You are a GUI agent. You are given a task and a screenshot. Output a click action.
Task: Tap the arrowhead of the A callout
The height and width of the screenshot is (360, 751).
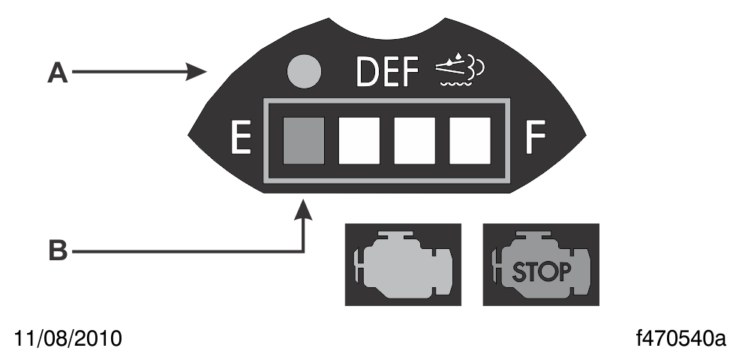click(202, 73)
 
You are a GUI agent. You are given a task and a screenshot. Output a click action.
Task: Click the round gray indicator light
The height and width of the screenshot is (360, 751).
click(306, 73)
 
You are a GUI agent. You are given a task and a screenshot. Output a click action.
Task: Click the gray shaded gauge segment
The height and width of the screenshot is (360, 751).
click(304, 140)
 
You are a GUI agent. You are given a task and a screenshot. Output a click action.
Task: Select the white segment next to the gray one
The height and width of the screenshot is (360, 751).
click(359, 140)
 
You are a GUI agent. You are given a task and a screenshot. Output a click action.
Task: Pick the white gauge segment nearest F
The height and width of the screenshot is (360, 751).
click(467, 140)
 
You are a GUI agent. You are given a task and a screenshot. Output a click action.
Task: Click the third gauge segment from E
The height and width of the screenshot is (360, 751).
click(413, 140)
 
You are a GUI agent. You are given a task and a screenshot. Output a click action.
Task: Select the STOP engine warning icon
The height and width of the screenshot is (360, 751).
click(540, 264)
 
